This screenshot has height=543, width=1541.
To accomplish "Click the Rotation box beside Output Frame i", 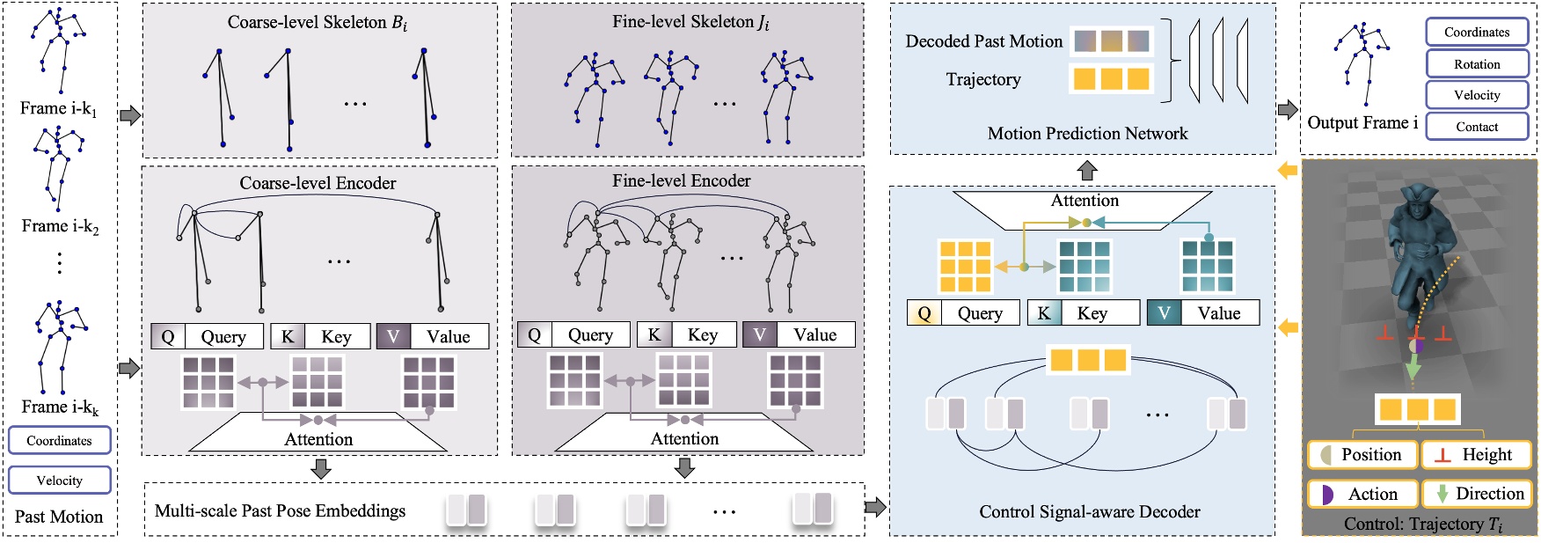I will (x=1477, y=64).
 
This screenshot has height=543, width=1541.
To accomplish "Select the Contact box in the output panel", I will (x=1477, y=127).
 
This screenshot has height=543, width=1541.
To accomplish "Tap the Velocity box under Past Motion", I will (x=60, y=481).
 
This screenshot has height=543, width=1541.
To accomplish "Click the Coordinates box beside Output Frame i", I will (x=1477, y=33).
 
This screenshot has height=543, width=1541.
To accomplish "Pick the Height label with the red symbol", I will (x=1476, y=455).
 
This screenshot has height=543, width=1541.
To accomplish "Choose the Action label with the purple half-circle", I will (x=1362, y=494).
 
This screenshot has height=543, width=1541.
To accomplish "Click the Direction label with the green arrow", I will (x=1478, y=494).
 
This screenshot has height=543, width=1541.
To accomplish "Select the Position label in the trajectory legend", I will (x=1362, y=455).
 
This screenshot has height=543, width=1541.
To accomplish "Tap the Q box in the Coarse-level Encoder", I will (x=168, y=336).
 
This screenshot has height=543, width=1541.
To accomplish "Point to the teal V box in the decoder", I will (x=1164, y=313).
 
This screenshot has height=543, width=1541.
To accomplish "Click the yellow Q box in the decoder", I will (x=924, y=313).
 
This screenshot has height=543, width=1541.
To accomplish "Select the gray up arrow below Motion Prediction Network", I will (x=1087, y=170).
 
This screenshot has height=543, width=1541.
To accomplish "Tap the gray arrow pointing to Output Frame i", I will (x=1288, y=110).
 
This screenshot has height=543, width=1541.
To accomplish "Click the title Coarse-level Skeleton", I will (x=318, y=22).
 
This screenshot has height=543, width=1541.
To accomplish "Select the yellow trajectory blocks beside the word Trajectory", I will (x=1111, y=79).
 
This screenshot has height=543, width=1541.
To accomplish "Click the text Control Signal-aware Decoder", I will (x=1089, y=511).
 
